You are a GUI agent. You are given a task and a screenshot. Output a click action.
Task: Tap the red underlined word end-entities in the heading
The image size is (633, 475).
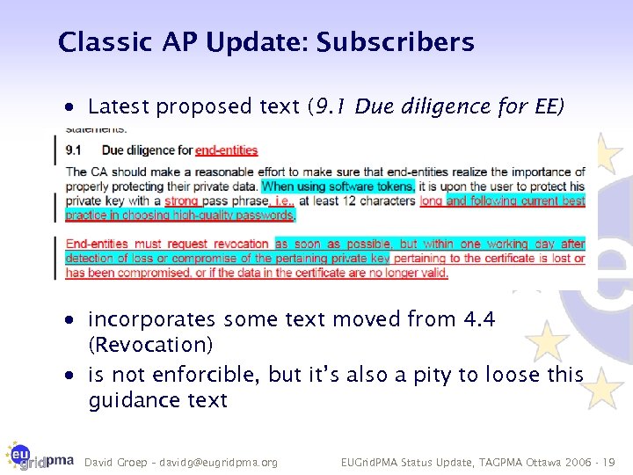(227, 150)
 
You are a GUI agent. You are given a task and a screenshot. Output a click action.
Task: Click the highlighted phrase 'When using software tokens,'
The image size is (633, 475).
(338, 186)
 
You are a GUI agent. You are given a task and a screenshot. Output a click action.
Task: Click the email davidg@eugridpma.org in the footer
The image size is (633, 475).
(219, 462)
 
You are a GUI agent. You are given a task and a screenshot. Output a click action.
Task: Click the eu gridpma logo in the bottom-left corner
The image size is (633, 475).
(40, 456)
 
